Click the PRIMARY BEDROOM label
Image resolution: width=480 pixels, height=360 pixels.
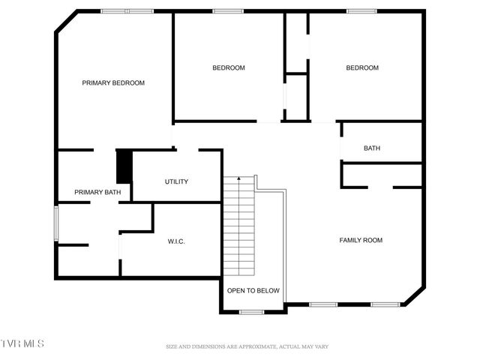coord(113,83)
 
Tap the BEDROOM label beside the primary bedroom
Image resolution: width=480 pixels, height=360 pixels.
coord(229,68)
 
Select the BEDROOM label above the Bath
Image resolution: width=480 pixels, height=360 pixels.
coord(362,68)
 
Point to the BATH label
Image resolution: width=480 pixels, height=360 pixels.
coord(372,148)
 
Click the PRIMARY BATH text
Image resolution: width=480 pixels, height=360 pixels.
coord(97,193)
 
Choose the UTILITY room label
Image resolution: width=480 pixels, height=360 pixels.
coord(176,181)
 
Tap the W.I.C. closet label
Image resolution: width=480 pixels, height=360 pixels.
coord(176,241)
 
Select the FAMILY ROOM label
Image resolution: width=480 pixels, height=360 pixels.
coord(361,240)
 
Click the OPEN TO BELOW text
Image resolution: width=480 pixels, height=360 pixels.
coord(253,290)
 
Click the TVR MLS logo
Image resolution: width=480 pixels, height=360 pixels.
coord(22,343)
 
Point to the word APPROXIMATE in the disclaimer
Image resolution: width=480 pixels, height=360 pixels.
coord(250,346)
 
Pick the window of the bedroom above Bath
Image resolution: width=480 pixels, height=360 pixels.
coord(361,11)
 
